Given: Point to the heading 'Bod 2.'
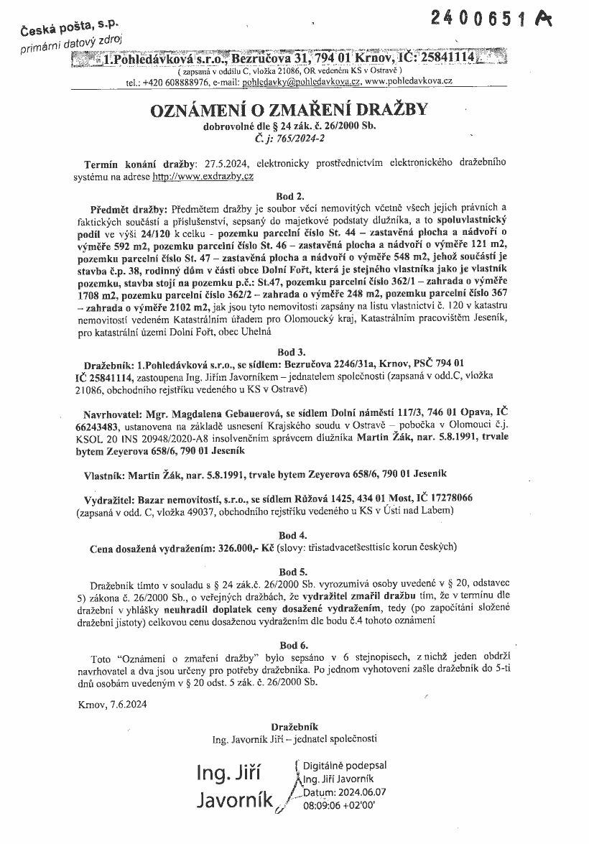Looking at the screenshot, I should point(290,195).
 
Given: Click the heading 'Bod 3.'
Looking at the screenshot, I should point(291,352).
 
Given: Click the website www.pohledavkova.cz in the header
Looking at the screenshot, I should point(408,83).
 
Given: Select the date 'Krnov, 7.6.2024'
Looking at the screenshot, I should point(113,705).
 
